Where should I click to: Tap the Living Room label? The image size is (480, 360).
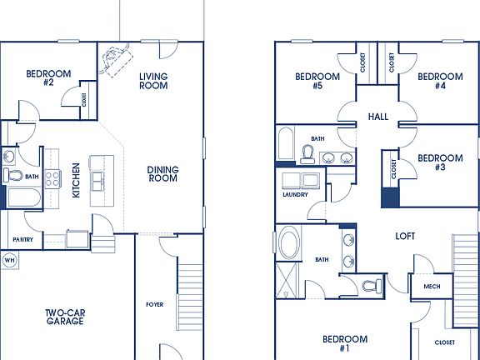(153, 80)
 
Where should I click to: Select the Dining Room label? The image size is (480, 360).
(163, 174)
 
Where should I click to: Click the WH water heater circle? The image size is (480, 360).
(10, 260)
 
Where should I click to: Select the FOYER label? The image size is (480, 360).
(154, 304)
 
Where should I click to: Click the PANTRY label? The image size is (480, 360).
(22, 240)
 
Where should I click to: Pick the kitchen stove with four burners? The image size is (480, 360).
(52, 177)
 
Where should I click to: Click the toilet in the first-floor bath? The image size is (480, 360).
(14, 176)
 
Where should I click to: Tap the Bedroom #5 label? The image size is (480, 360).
(317, 81)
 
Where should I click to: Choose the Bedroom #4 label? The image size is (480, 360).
(439, 81)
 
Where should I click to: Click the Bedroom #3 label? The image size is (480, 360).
(439, 162)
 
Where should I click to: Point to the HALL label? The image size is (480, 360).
(380, 117)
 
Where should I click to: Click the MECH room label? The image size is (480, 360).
(431, 287)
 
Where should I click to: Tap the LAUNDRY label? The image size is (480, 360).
(295, 195)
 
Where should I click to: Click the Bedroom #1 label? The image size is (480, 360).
(344, 343)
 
